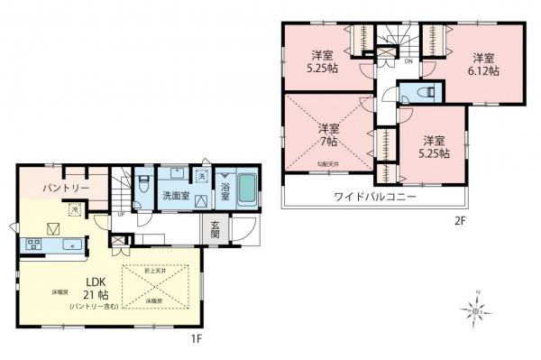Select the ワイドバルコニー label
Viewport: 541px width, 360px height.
click(x=373, y=196)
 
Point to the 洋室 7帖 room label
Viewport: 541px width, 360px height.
click(x=327, y=135)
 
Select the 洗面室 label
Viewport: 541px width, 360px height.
click(x=175, y=195)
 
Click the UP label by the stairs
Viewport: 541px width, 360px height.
click(x=122, y=216)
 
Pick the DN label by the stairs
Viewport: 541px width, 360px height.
click(x=408, y=62)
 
